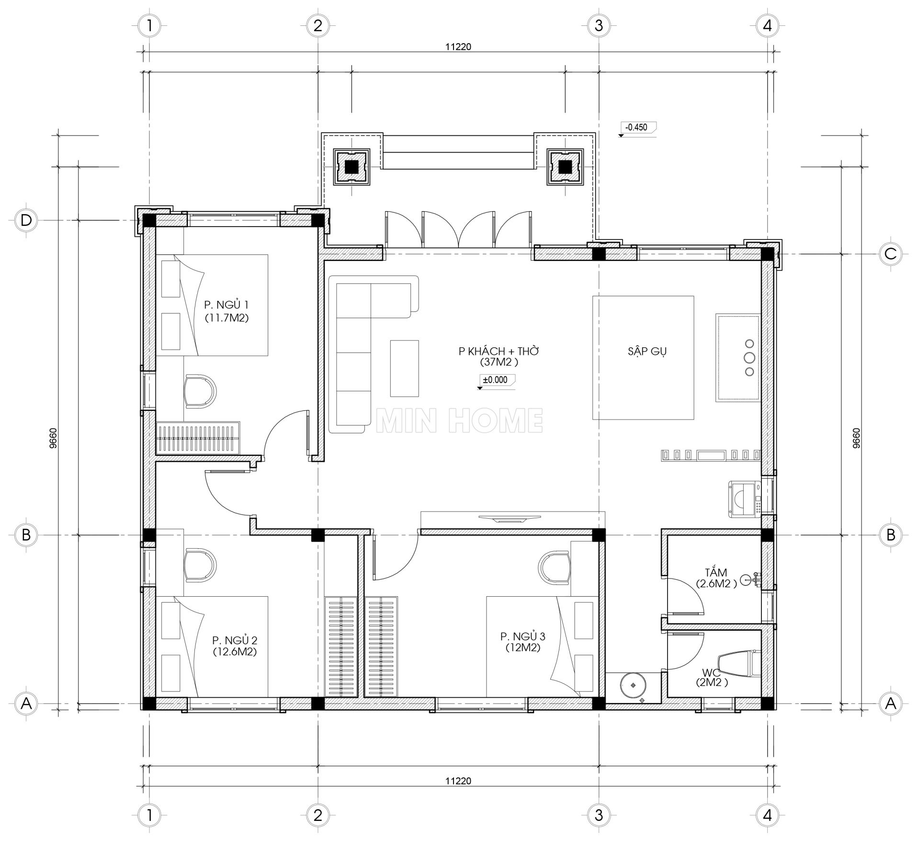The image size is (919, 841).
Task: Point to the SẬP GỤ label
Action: point(647,351)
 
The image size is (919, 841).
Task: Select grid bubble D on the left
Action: point(26,220)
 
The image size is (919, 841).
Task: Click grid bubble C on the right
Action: point(891,253)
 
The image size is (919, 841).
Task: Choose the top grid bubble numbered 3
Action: point(599,25)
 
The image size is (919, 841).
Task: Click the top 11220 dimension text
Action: point(458,46)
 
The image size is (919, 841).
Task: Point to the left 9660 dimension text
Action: point(53,438)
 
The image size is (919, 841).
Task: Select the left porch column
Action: point(352,167)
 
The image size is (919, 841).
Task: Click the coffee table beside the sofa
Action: point(405,368)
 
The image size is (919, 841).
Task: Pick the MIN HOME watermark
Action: point(459,420)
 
